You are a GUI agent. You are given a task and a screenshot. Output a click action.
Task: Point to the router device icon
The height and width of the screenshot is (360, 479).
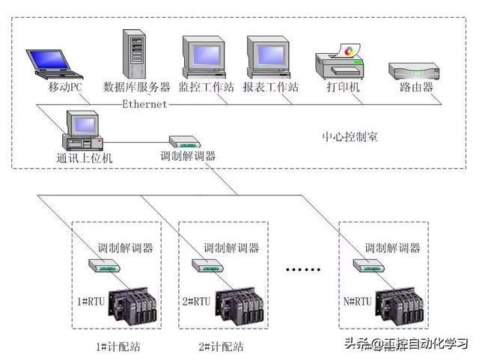411,73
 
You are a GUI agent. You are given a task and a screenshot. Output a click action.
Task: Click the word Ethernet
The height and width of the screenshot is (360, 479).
144,105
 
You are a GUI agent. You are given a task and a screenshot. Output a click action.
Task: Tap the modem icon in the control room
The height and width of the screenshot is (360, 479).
183,141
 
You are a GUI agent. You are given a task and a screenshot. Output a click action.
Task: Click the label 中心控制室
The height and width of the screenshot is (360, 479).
350,138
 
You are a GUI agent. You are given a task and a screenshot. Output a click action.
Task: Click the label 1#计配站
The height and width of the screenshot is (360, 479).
118,347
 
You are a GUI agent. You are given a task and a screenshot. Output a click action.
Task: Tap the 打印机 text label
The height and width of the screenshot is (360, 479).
343,88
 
